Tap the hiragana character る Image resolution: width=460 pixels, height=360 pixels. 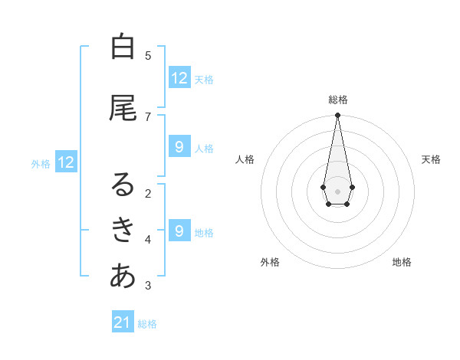[x=123, y=185]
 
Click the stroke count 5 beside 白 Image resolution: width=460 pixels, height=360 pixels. [x=148, y=55]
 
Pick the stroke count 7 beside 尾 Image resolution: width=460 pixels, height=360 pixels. [x=148, y=116]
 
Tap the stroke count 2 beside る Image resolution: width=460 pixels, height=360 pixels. [x=148, y=193]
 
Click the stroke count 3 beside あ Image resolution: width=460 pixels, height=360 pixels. [x=148, y=286]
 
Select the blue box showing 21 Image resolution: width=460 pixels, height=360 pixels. [x=123, y=322]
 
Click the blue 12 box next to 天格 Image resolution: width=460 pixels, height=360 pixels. [x=179, y=77]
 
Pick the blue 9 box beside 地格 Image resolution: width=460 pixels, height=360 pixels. [x=179, y=231]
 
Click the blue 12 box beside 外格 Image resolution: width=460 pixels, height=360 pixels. [x=66, y=162]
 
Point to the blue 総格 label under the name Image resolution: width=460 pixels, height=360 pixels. [x=147, y=324]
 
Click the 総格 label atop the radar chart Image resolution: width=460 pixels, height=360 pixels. [x=337, y=100]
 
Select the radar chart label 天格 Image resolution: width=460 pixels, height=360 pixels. [x=431, y=159]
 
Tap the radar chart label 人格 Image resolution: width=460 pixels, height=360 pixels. [x=245, y=159]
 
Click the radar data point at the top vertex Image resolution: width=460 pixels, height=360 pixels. [x=337, y=116]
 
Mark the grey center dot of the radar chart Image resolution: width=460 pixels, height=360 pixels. [x=337, y=191]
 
